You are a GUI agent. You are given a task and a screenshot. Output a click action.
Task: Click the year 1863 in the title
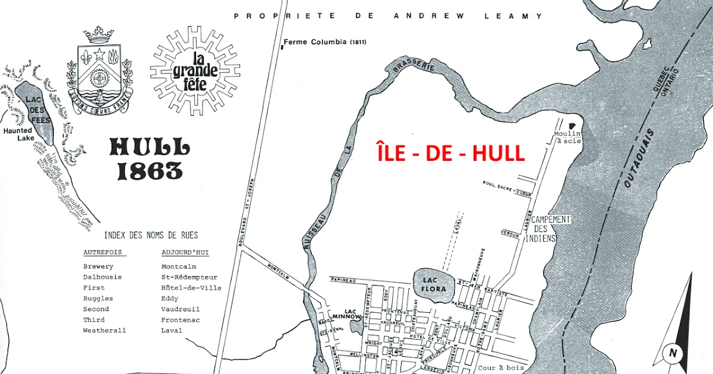click(x=149, y=171)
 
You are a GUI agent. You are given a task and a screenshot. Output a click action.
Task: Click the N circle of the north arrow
click(x=673, y=353)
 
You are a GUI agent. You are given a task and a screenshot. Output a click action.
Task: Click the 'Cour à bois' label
click(x=500, y=368)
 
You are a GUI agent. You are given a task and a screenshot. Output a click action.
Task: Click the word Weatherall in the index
click(x=105, y=331)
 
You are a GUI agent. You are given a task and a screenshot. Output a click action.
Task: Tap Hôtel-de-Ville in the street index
click(x=191, y=288)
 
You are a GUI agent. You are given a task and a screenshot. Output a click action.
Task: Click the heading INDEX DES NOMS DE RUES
click(x=151, y=235)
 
